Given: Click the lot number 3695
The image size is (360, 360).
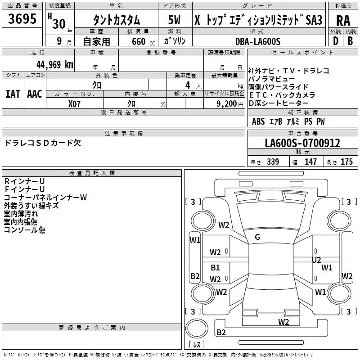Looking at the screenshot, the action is [x=22, y=19].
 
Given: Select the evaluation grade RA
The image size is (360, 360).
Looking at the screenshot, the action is [x=343, y=21].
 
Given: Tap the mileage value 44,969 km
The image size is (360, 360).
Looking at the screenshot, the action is [x=55, y=65].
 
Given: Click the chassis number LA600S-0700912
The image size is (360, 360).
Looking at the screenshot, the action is [x=302, y=143].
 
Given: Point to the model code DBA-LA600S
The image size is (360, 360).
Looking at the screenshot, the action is [x=258, y=41].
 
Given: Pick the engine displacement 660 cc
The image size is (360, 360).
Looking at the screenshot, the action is [x=143, y=42].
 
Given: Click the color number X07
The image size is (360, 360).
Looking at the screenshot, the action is [x=74, y=104].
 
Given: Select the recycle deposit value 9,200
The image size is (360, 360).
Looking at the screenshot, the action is [x=226, y=104].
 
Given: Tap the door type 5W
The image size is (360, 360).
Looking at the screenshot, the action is [x=174, y=20].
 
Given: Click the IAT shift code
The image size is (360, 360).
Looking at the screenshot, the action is [x=13, y=94].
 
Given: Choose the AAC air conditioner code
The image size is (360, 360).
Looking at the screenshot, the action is [x=35, y=94].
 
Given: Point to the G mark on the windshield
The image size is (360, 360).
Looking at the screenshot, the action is [x=257, y=237].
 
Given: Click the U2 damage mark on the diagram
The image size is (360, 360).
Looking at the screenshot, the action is [x=316, y=260].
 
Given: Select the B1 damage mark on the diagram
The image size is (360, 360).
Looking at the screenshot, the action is [x=215, y=267].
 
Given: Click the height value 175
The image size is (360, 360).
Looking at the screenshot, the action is [x=346, y=162].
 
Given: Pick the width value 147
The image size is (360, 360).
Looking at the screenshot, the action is [x=310, y=162].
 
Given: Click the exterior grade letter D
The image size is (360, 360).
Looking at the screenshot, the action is [x=336, y=41].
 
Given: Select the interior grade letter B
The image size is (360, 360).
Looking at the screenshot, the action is [x=350, y=41].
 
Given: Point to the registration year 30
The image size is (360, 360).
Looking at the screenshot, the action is [x=59, y=24].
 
